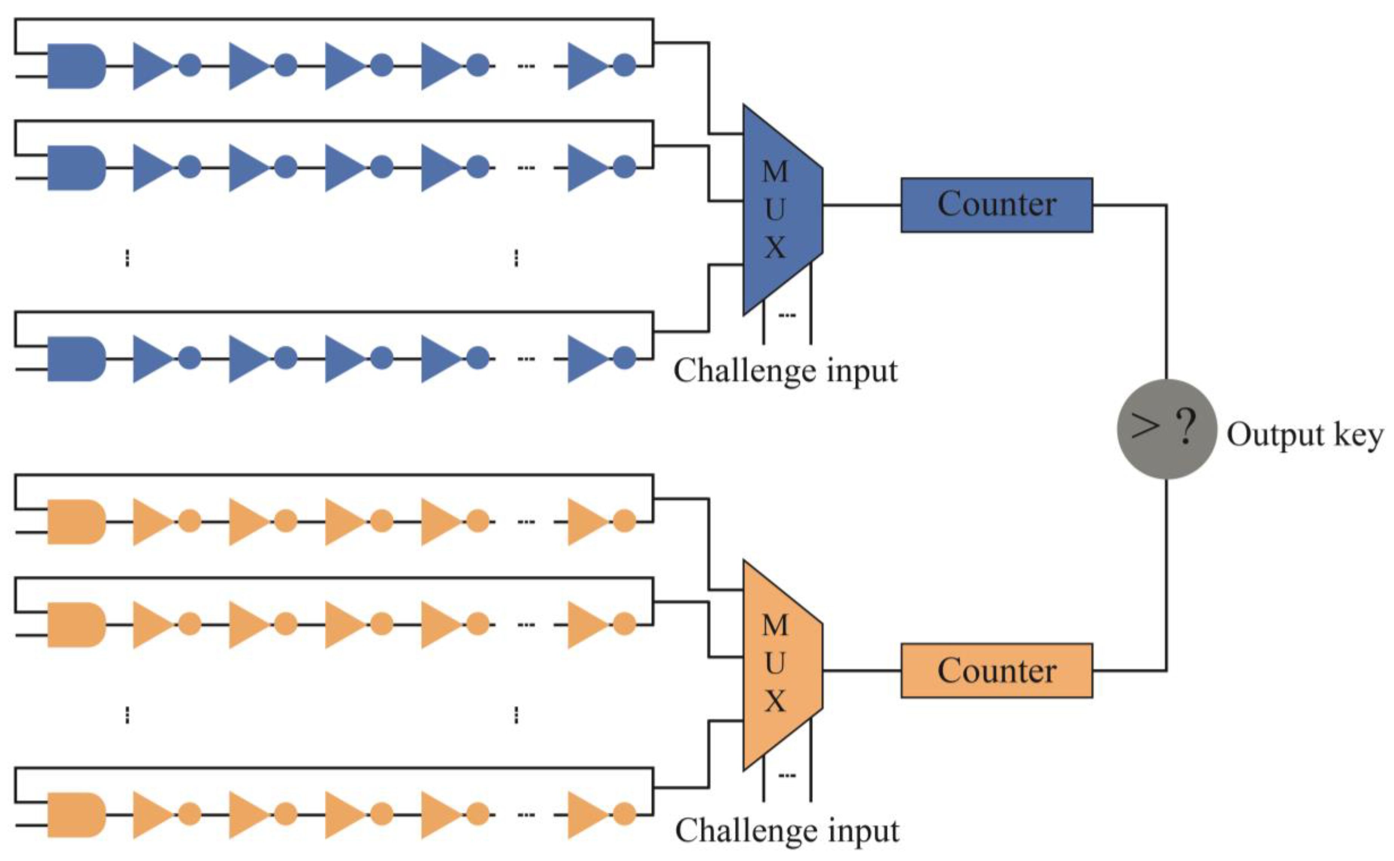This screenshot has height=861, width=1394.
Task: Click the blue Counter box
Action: tap(996, 205)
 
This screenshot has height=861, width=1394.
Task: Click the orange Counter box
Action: tap(996, 671)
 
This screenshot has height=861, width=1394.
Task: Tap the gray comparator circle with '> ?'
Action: tap(1166, 429)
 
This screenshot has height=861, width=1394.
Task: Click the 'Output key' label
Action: tap(1304, 436)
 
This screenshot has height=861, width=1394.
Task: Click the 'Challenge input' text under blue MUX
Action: tap(785, 371)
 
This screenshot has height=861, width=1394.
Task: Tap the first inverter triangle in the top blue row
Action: tap(151, 66)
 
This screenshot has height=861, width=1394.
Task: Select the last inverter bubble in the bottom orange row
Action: tap(625, 814)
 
